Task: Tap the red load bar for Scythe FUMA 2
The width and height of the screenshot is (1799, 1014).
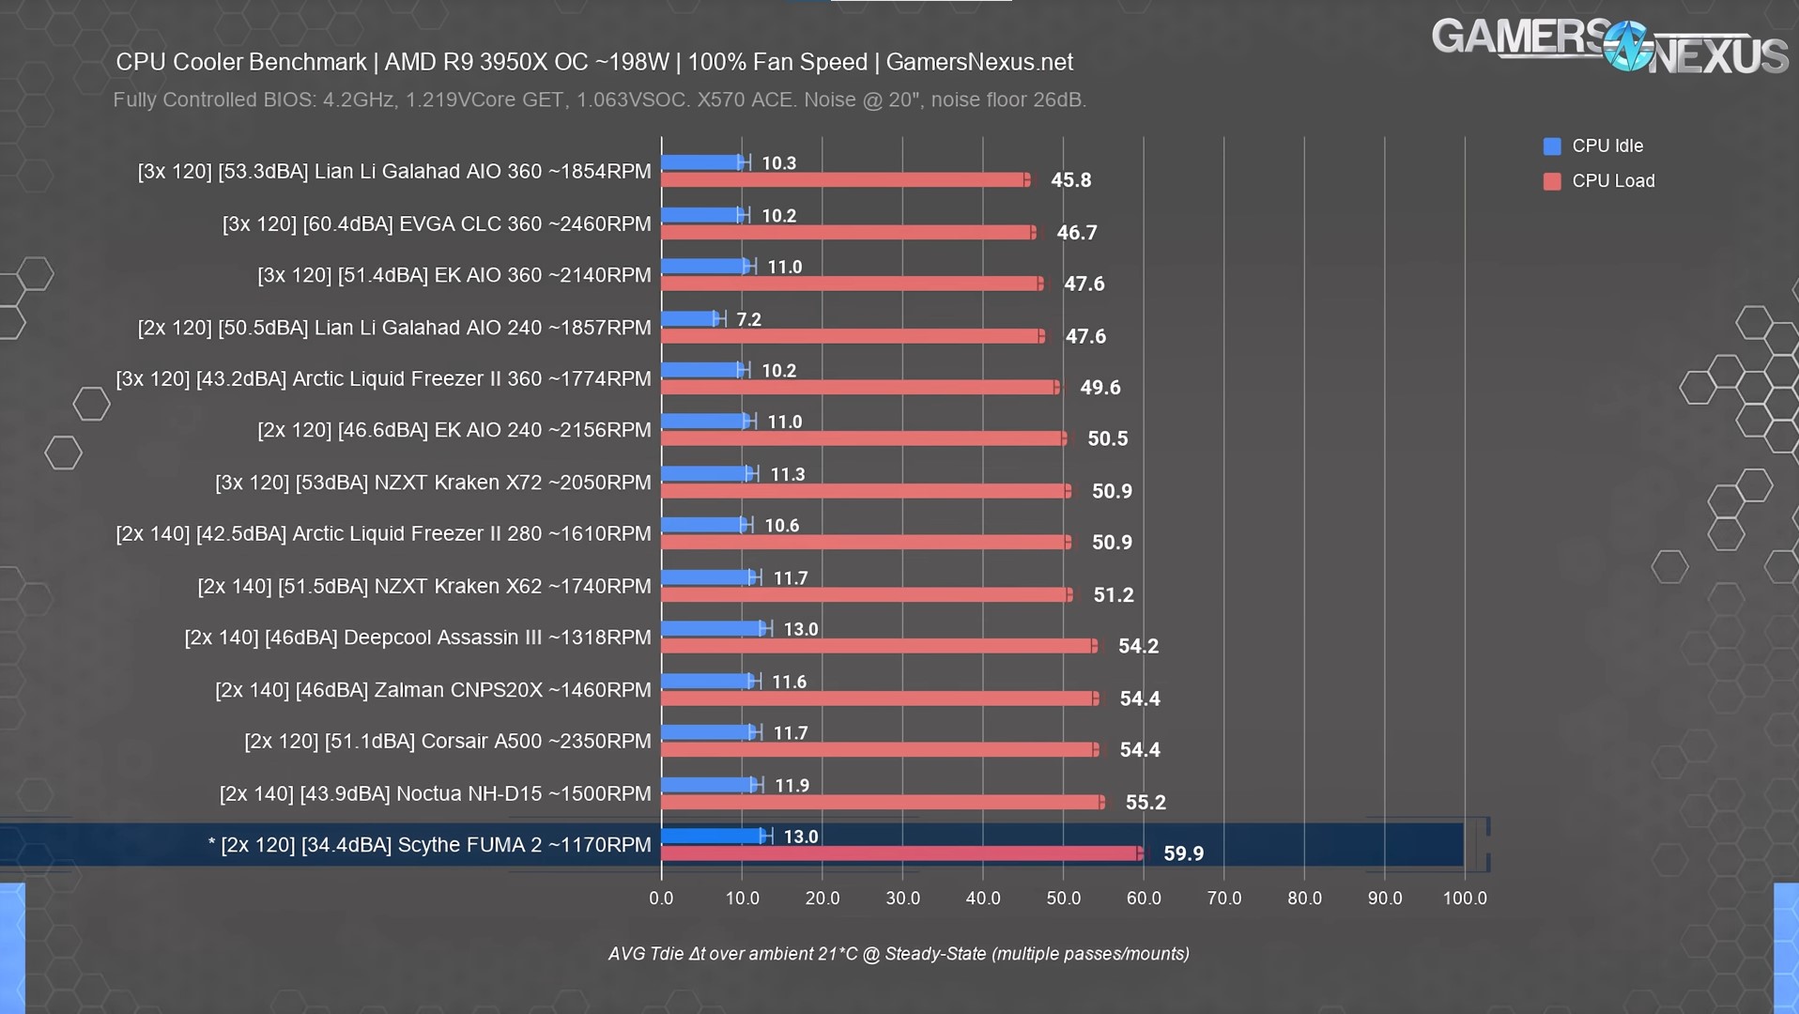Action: (x=901, y=853)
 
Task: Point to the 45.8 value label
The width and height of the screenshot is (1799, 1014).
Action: (x=1070, y=180)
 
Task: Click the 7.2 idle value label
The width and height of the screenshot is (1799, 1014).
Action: (x=748, y=320)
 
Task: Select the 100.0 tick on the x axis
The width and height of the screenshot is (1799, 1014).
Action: (x=1465, y=899)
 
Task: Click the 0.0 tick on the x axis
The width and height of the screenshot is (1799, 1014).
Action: (x=661, y=899)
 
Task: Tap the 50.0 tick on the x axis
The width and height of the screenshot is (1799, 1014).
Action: (x=1063, y=899)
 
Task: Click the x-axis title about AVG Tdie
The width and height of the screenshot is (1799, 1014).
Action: (x=899, y=954)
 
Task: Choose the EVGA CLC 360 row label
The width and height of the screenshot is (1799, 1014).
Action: (x=436, y=224)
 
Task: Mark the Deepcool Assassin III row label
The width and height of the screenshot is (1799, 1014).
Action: (x=417, y=638)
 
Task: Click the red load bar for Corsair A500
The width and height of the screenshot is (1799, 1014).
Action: (x=879, y=750)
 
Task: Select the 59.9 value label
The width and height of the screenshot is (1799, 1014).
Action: (x=1183, y=853)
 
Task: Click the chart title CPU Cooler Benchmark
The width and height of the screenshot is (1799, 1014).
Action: (x=593, y=63)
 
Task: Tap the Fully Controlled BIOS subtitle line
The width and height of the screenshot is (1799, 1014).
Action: (x=599, y=100)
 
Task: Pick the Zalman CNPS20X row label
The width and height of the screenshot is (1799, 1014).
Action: (x=432, y=690)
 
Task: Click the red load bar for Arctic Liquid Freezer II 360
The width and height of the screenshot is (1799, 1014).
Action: (x=860, y=387)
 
